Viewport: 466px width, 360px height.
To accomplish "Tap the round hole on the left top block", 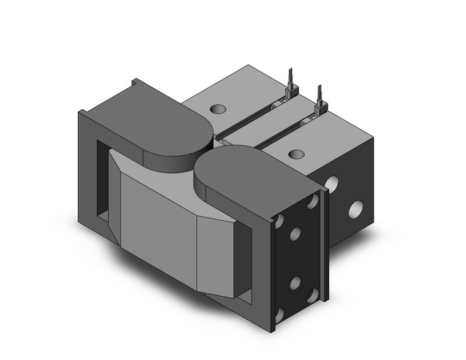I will tap(218, 110).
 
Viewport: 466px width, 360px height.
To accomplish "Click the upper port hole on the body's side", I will tap(333, 183).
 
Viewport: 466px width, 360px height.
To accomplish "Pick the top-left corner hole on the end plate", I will tap(280, 220).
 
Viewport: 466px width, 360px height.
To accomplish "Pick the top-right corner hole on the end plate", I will tap(313, 201).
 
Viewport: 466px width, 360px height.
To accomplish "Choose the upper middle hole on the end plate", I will tap(295, 232).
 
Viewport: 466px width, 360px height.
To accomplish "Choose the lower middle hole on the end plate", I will tap(295, 282).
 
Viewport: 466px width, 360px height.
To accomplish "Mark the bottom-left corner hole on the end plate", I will tap(280, 315).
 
